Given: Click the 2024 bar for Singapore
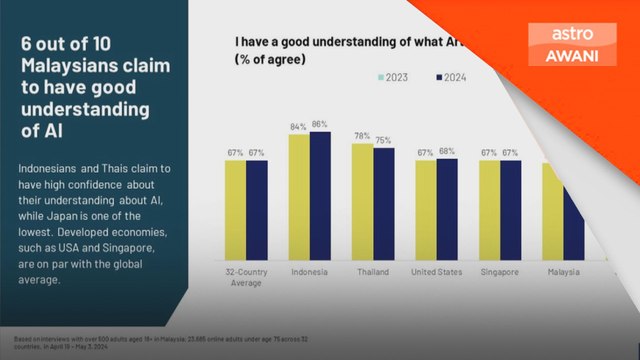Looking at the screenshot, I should click(510, 210).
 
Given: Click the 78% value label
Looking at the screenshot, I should click(362, 136).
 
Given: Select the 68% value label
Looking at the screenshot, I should click(447, 152).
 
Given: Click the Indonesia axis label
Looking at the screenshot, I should click(309, 271).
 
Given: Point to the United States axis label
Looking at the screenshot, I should click(435, 271).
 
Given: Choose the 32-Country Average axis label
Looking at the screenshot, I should click(245, 276).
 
